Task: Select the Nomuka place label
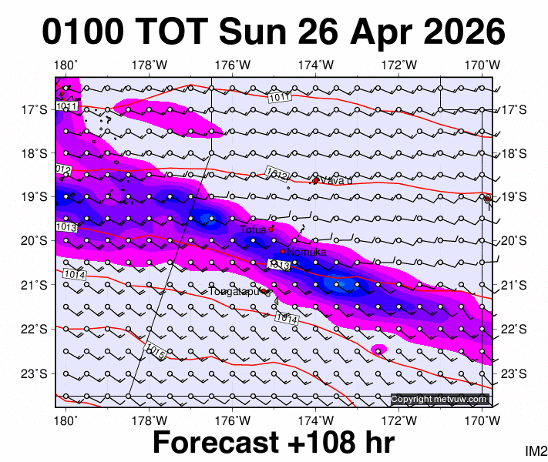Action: point(307,252)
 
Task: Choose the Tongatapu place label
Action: point(235,291)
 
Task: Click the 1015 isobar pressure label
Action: point(155,353)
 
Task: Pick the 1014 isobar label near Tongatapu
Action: point(286,317)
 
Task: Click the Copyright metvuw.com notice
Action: point(439,399)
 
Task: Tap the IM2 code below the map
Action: point(536,450)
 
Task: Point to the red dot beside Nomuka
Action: point(283,251)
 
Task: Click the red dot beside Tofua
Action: point(271,229)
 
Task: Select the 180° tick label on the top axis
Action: point(66,65)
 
